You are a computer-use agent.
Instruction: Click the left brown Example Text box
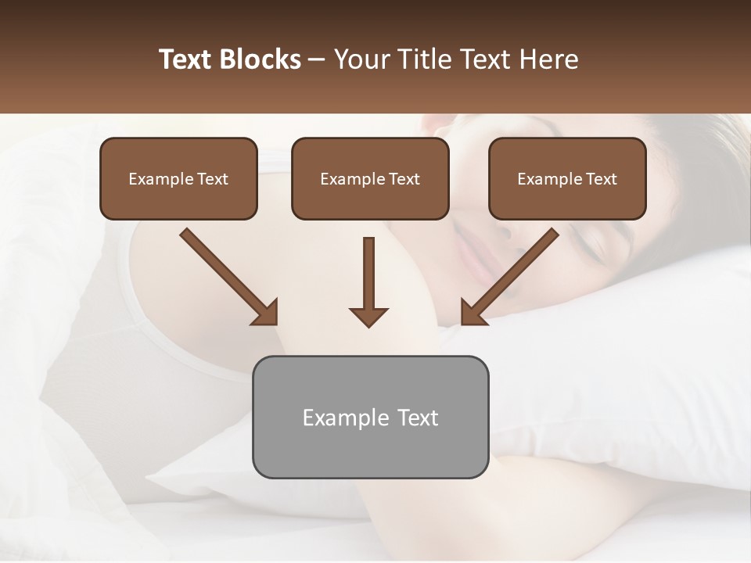pos(178,178)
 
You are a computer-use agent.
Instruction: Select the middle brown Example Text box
pos(370,178)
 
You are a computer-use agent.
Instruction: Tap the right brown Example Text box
pos(567,178)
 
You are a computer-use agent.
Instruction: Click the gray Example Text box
pos(370,417)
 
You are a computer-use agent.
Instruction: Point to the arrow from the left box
pos(228,275)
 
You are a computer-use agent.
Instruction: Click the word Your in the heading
pos(361,59)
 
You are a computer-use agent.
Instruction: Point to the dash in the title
pos(317,59)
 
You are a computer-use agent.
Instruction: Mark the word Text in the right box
pos(602,179)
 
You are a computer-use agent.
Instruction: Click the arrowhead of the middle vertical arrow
pos(368,316)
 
